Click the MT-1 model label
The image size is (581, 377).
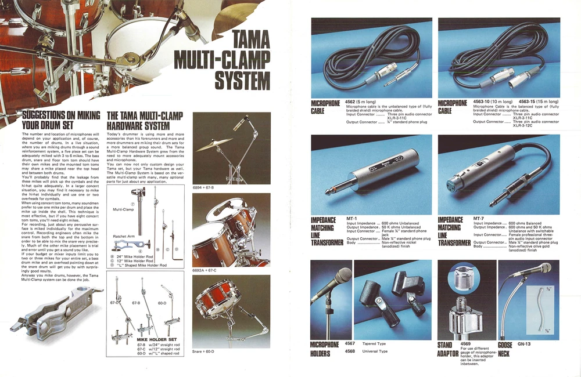tap(352, 219)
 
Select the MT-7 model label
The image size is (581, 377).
tap(479, 219)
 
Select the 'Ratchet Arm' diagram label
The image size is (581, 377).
tap(124, 237)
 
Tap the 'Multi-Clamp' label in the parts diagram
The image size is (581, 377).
tap(123, 209)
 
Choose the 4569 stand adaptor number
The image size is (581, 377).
tap(466, 343)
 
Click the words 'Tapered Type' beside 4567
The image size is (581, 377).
tap(374, 343)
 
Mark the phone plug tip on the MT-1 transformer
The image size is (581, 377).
tap(318, 204)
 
